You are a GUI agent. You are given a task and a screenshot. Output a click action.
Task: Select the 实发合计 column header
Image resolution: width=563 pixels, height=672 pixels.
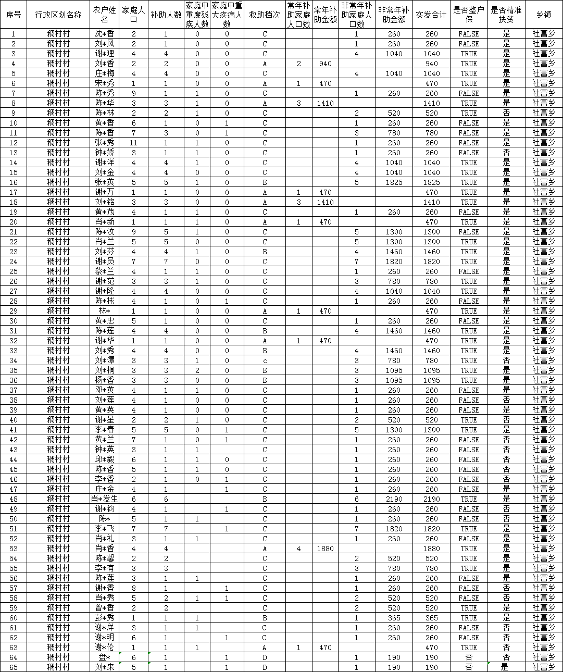(431, 15)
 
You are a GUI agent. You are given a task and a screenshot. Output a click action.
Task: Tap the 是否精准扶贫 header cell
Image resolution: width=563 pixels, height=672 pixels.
(506, 15)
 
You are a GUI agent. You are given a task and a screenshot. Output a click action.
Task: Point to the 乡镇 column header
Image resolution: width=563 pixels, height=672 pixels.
(544, 15)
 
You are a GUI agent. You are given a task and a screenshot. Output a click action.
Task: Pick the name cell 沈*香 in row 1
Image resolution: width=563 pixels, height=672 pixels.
(104, 34)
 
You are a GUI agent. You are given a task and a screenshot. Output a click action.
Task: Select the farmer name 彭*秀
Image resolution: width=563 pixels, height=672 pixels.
(104, 618)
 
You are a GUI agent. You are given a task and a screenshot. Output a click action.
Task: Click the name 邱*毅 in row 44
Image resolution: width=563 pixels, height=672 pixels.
(104, 459)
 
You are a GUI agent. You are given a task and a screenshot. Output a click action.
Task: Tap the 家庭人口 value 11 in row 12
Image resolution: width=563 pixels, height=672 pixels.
(134, 143)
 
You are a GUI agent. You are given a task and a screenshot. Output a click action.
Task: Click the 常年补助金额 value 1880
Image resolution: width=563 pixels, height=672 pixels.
(325, 549)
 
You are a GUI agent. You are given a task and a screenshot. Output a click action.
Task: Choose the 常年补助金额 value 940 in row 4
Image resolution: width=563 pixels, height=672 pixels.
(325, 64)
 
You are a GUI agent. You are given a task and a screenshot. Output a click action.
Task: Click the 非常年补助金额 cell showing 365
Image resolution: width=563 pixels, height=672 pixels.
(394, 618)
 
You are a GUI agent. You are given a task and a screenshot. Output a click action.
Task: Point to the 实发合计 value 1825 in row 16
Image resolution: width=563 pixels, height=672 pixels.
(431, 182)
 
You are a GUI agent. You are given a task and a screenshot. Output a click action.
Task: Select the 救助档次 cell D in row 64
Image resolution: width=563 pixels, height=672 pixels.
(265, 657)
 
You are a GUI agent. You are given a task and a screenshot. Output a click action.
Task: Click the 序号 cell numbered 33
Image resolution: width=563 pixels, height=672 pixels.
(14, 351)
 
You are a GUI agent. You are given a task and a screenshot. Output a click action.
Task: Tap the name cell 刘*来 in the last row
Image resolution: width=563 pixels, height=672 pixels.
(104, 667)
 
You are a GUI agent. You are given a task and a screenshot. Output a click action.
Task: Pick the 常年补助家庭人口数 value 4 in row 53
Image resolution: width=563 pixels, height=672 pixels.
(299, 549)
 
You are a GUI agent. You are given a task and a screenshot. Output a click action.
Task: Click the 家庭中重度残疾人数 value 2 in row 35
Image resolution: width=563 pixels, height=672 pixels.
(197, 370)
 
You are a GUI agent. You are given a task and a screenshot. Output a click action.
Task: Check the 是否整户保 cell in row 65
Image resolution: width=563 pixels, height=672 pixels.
(469, 667)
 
